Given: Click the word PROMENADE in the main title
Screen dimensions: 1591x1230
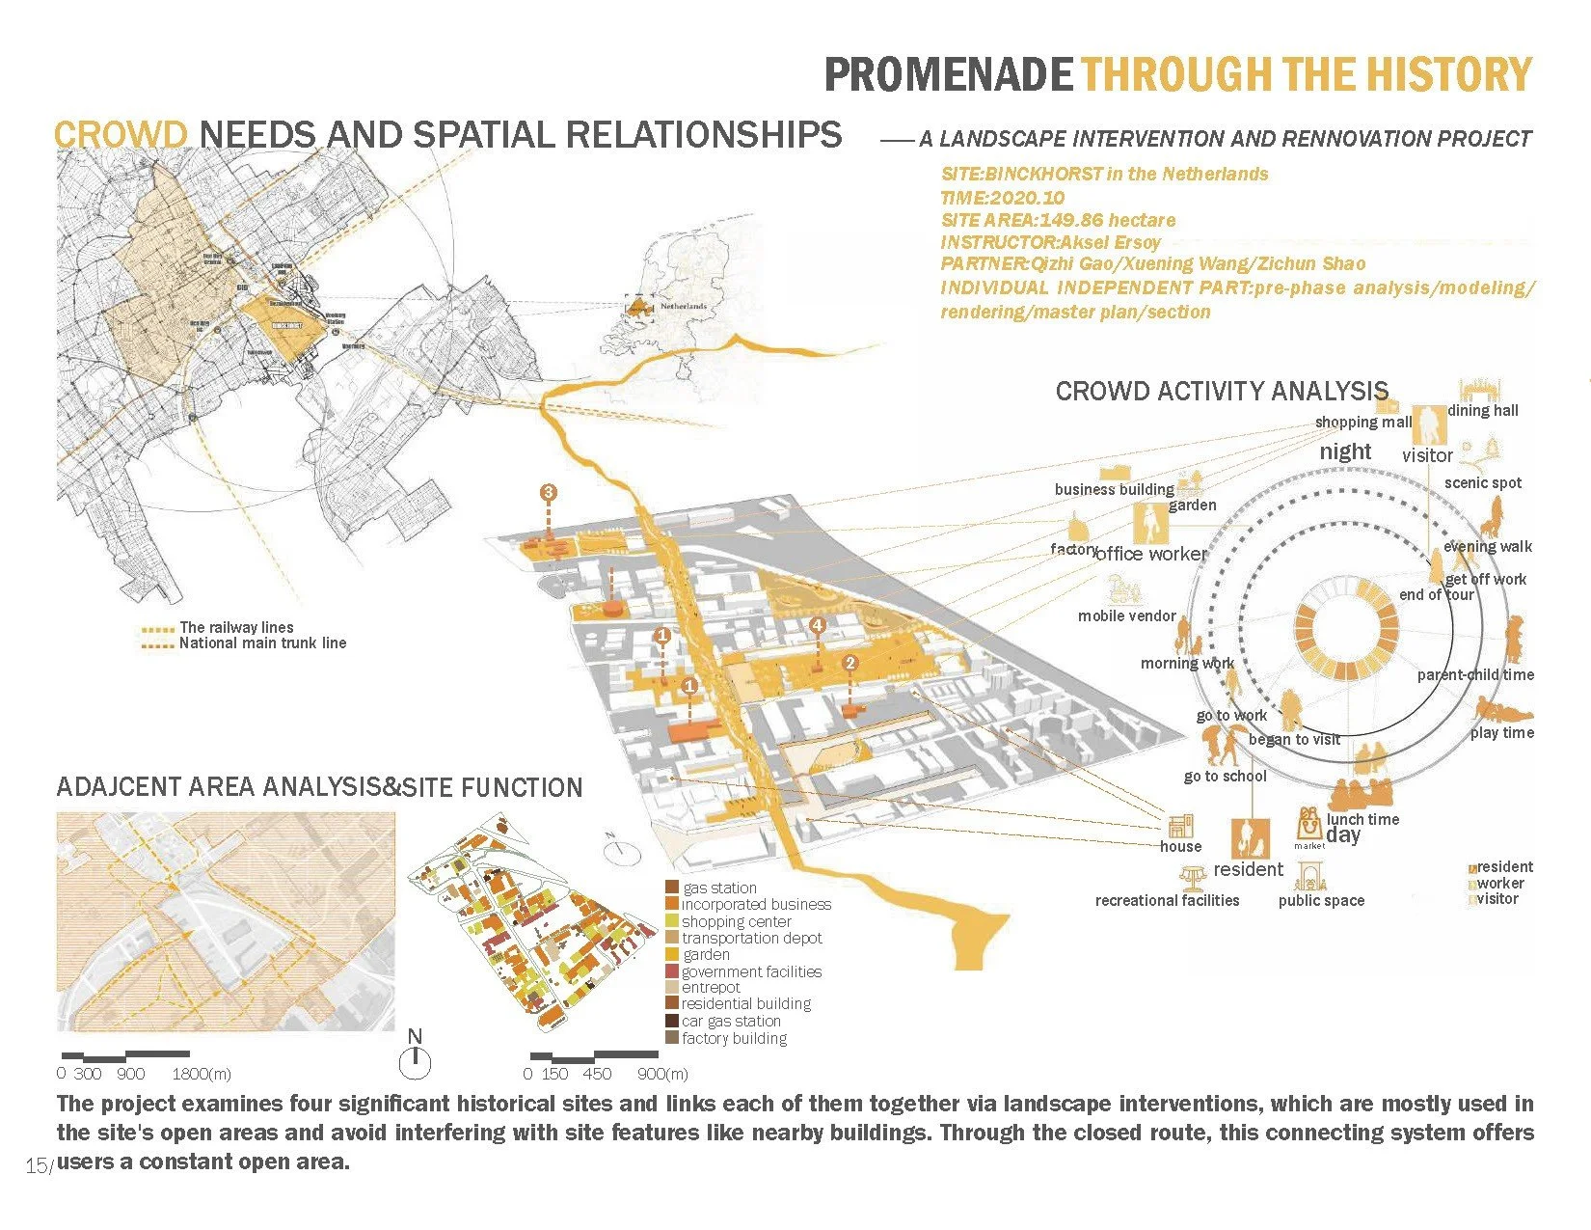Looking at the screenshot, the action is pyautogui.click(x=948, y=75).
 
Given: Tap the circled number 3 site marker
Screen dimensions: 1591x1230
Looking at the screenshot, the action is pyautogui.click(x=549, y=493).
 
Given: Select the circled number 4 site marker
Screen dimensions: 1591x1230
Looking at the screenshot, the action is pyautogui.click(x=818, y=625).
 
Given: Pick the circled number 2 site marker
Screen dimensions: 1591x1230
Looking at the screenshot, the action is pyautogui.click(x=849, y=663).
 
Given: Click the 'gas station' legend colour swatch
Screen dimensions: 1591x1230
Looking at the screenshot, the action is pyautogui.click(x=671, y=888).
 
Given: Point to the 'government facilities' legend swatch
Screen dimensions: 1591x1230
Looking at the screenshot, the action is pyautogui.click(x=671, y=971).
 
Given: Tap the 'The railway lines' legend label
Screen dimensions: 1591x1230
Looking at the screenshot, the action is pyautogui.click(x=236, y=627).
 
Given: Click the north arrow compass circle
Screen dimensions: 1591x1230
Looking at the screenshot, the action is pyautogui.click(x=415, y=1062).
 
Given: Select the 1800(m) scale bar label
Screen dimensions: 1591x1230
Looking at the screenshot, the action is pyautogui.click(x=202, y=1074).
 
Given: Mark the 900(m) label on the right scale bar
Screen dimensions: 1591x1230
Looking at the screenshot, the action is pyautogui.click(x=662, y=1074).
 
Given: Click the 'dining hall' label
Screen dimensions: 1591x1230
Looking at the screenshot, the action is pyautogui.click(x=1482, y=410).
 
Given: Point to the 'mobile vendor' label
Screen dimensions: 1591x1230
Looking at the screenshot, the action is pyautogui.click(x=1126, y=615).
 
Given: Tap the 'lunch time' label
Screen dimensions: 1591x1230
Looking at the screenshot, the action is pyautogui.click(x=1362, y=819).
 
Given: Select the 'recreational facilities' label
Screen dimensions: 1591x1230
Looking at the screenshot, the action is pyautogui.click(x=1167, y=900).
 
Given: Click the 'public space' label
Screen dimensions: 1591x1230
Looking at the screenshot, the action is pyautogui.click(x=1321, y=900).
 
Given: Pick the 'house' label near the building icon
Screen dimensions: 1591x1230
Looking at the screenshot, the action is pyautogui.click(x=1180, y=846).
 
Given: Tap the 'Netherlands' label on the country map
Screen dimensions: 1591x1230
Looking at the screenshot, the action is pyautogui.click(x=683, y=306).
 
